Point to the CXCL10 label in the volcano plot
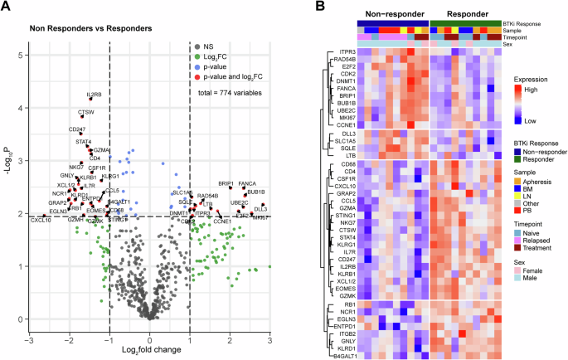pyautogui.click(x=41, y=220)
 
